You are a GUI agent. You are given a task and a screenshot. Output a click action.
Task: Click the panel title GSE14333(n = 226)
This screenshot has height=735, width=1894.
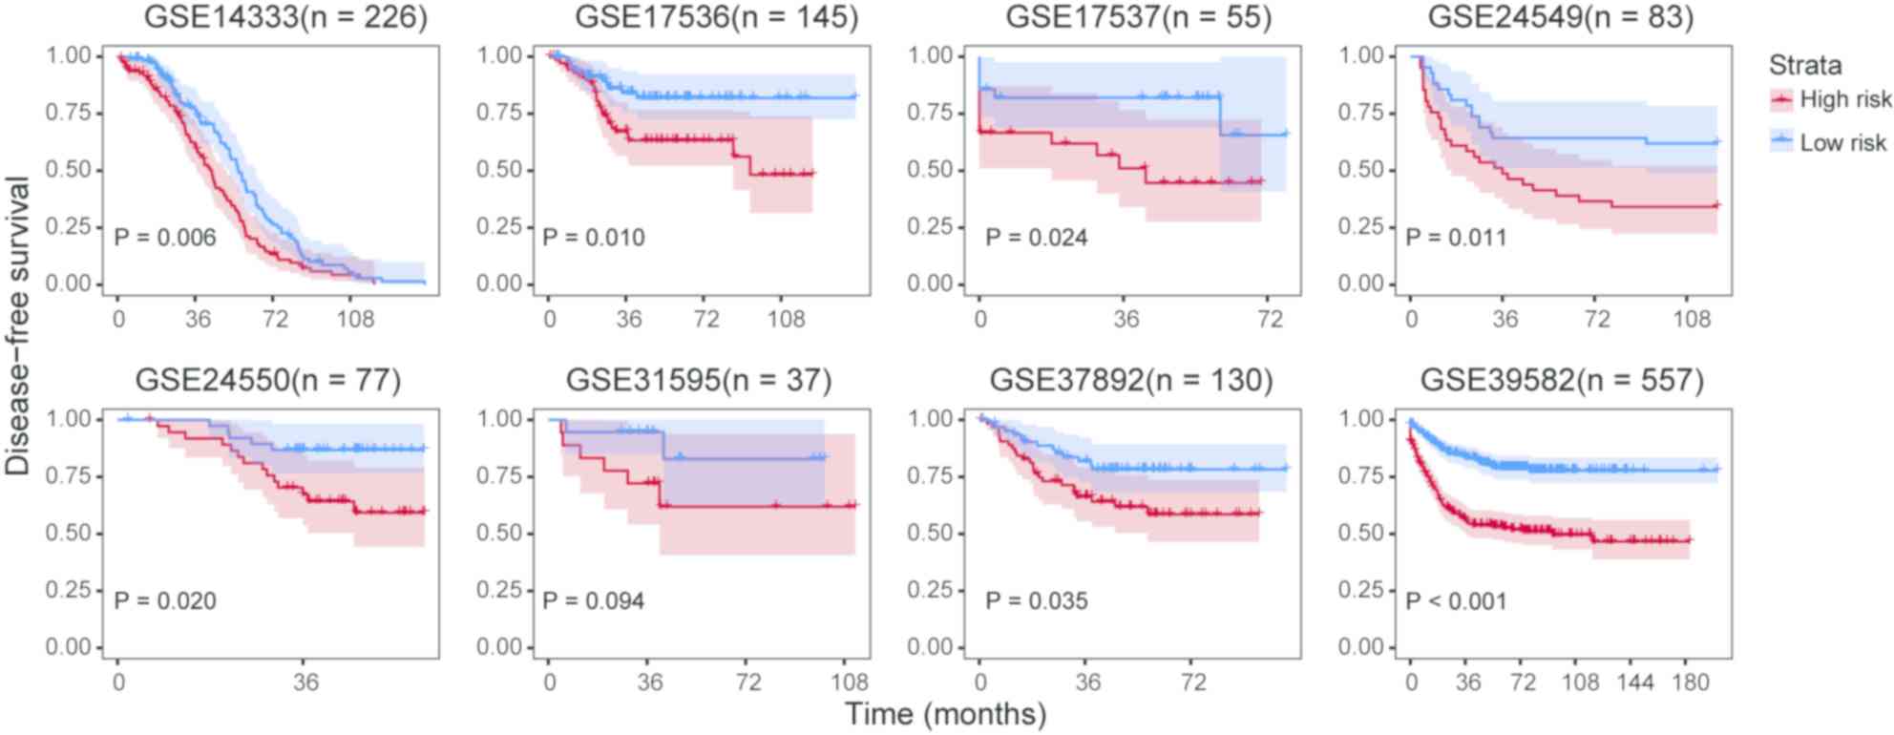[285, 17]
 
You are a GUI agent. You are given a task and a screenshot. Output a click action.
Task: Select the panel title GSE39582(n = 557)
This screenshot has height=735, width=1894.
[1562, 380]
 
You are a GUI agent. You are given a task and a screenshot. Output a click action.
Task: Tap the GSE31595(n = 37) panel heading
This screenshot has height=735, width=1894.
[699, 380]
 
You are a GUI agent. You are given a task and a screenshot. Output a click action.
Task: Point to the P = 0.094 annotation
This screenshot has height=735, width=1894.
[594, 601]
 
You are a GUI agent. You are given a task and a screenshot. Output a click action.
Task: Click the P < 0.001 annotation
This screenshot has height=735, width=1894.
[1456, 601]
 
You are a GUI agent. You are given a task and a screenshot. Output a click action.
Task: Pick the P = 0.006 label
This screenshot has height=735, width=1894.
[165, 238]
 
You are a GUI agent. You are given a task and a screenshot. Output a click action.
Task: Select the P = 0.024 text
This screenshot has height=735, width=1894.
[1037, 238]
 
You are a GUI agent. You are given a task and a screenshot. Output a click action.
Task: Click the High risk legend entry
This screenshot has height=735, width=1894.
[1844, 99]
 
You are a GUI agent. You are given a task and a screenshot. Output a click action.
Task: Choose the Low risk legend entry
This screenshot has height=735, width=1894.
[1842, 143]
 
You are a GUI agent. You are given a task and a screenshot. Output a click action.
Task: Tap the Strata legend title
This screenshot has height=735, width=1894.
[1804, 65]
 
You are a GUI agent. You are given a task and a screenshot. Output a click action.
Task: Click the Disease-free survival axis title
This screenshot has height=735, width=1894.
[17, 325]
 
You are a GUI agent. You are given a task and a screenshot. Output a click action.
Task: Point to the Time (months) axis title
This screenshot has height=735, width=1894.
[945, 714]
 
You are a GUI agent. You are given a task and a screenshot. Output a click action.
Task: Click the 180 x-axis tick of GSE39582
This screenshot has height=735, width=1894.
[1691, 682]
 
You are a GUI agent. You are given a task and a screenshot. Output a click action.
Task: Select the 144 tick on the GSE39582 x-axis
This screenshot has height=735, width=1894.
[1634, 682]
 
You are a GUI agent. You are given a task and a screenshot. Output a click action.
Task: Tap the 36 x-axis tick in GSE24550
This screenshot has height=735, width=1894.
[305, 682]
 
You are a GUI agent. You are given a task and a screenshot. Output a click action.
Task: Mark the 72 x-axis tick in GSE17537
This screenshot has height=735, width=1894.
[1270, 319]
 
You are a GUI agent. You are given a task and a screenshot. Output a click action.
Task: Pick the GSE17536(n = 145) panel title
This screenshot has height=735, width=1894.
[716, 17]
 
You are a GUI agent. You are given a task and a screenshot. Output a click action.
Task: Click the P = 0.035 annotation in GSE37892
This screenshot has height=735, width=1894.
[1037, 601]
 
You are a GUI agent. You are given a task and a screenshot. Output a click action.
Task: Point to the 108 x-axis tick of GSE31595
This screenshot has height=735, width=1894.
[849, 682]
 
